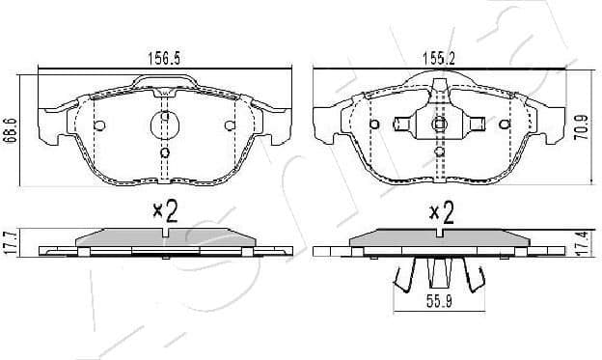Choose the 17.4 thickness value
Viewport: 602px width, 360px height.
click(x=582, y=241)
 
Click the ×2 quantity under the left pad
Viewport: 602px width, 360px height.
click(x=166, y=212)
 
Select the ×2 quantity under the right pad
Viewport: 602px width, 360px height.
click(x=441, y=212)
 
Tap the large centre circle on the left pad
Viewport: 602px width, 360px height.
click(x=165, y=125)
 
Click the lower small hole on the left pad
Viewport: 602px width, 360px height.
click(x=165, y=152)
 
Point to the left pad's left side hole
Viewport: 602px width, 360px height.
click(x=99, y=125)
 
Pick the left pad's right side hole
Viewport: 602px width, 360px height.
click(x=230, y=125)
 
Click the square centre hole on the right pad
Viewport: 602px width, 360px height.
click(x=439, y=124)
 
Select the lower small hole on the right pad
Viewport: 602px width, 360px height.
click(x=439, y=152)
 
